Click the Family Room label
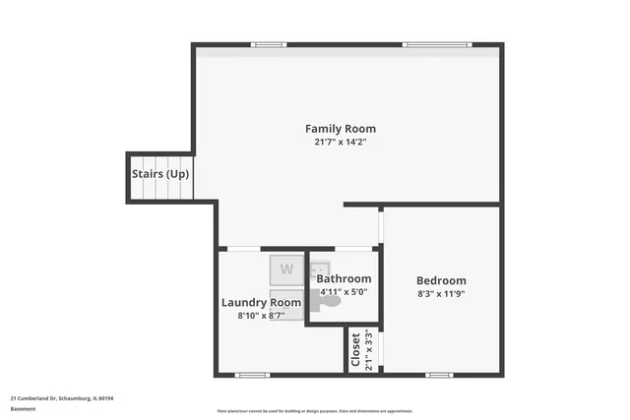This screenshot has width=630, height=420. coord(340,129)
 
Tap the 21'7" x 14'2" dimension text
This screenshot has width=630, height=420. coord(340,143)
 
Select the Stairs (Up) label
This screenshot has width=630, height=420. coord(160,174)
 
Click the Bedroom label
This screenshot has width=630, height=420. coord(441,280)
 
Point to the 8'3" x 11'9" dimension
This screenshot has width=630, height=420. coord(441,293)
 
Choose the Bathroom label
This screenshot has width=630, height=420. coord(344,278)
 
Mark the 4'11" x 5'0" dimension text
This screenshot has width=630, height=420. coord(344,291)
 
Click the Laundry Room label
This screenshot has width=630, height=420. coord(261,302)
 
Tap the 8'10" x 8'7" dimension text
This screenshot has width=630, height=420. coord(261,316)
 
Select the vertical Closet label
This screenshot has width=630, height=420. coord(356,349)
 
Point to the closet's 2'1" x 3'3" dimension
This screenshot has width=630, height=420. coord(369,349)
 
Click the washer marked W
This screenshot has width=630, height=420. coord(286,269)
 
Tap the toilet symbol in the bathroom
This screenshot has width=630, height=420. coord(331,301)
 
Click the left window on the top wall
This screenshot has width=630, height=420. coord(268,44)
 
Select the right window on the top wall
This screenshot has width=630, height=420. coord(423,44)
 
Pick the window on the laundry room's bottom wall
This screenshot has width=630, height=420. coord(252,375)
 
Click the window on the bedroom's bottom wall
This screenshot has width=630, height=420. coord(439,375)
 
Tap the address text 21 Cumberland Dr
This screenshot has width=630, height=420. coord(62,397)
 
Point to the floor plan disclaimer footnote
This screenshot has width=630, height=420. coord(314,411)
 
